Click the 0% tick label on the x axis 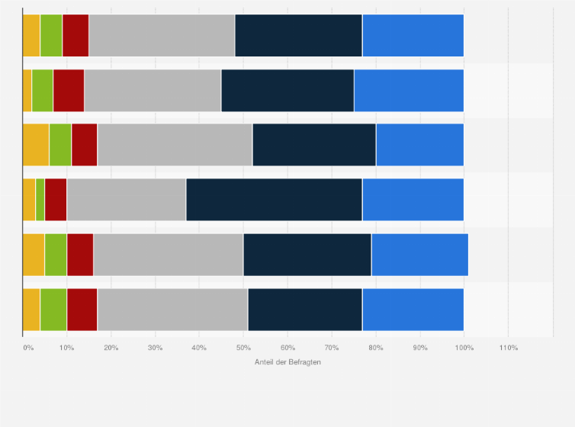tap(27, 348)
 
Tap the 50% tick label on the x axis tap(243, 348)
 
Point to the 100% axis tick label tap(464, 348)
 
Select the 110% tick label tap(508, 348)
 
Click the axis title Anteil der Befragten tap(287, 361)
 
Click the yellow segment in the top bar tap(31, 35)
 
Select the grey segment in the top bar tap(162, 35)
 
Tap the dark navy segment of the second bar tap(287, 90)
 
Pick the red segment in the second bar tap(69, 90)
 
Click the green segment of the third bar tap(60, 145)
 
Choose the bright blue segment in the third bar tap(419, 145)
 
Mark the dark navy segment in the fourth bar tap(274, 200)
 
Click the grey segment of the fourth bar tap(127, 200)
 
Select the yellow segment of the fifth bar tap(34, 255)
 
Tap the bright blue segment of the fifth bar tap(419, 255)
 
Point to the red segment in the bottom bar tap(82, 310)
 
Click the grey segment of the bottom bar tap(172, 310)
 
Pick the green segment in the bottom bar tap(53, 310)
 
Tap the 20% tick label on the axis tap(111, 348)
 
